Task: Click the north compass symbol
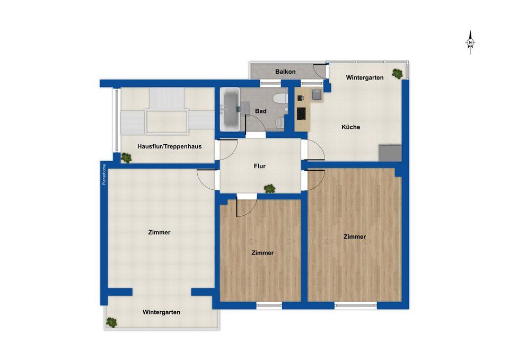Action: tap(470, 42)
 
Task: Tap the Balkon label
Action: tap(285, 72)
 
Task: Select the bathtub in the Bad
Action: tap(230, 109)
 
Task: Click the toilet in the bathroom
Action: tap(280, 98)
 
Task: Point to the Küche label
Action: tap(350, 127)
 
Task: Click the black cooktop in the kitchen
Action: tap(301, 113)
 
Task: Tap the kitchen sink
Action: tap(317, 95)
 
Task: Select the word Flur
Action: tap(260, 166)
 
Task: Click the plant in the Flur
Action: tap(269, 188)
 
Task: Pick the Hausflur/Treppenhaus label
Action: tap(170, 146)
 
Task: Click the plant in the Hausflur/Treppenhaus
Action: tap(126, 158)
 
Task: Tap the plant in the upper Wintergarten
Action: tap(397, 74)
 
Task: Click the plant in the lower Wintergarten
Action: tap(111, 322)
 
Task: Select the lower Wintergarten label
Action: tap(161, 312)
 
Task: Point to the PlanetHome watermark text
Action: tap(104, 174)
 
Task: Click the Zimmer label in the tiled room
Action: tap(159, 232)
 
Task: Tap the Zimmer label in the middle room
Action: tap(262, 253)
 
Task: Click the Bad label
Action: tap(261, 111)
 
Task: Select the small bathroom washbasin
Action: tap(280, 122)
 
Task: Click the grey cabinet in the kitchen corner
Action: tap(390, 153)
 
